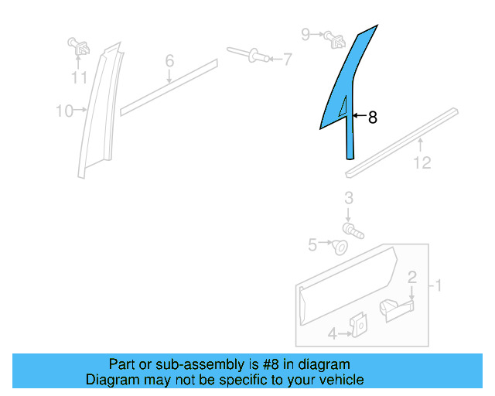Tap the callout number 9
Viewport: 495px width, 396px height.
click(x=306, y=34)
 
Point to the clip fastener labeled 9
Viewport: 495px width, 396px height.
click(x=333, y=37)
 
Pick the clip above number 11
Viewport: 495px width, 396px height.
click(x=79, y=46)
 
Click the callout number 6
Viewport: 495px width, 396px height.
click(x=169, y=60)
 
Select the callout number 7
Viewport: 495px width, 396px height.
click(x=287, y=59)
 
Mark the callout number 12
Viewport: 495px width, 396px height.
click(x=422, y=162)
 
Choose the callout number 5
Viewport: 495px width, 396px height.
click(x=313, y=244)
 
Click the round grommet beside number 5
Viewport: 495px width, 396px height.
click(x=339, y=247)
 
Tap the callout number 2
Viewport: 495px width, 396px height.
click(x=412, y=277)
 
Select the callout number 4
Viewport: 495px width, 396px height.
click(x=332, y=334)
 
